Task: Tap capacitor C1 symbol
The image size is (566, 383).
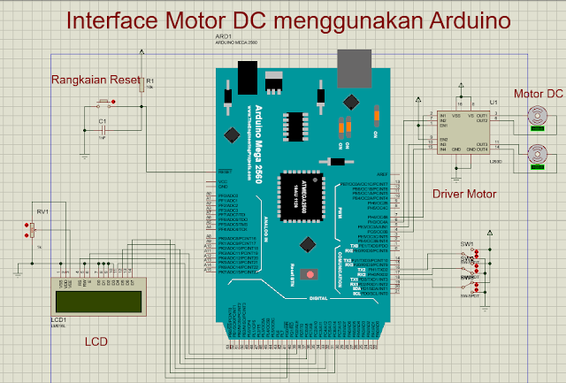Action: [x=103, y=129]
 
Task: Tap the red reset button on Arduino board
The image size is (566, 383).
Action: [x=310, y=274]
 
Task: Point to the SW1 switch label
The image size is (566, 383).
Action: [x=466, y=243]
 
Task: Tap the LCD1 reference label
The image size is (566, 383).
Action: [x=59, y=319]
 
